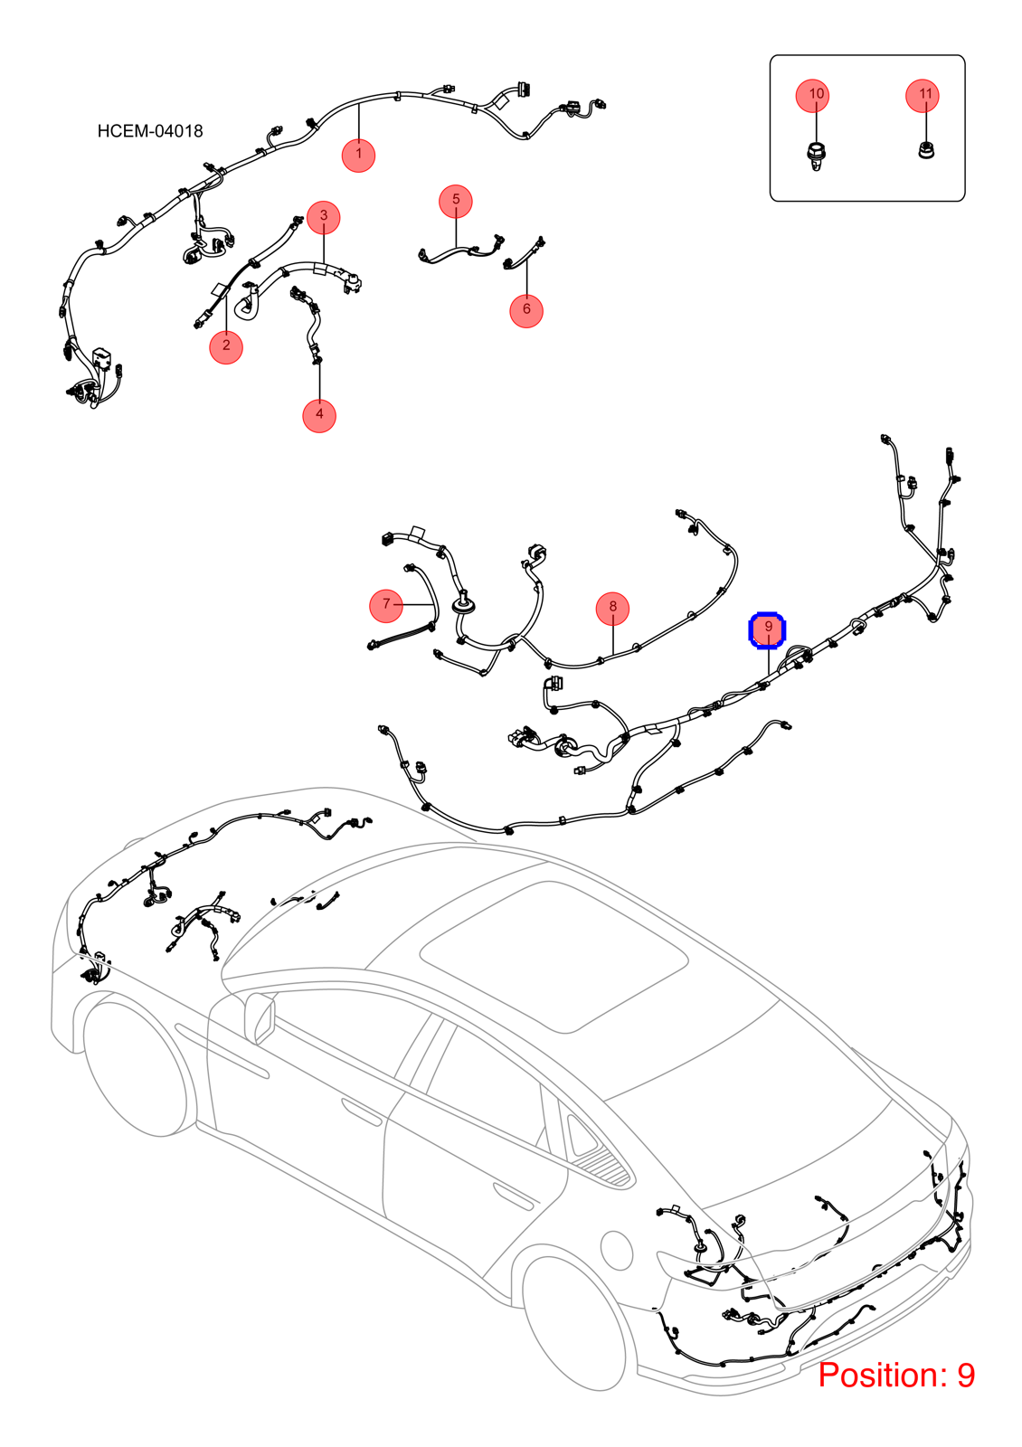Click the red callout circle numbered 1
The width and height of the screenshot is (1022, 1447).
[358, 155]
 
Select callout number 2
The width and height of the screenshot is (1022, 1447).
[226, 347]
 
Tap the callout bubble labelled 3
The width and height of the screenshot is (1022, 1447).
[324, 217]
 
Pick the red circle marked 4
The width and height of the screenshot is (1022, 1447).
[319, 415]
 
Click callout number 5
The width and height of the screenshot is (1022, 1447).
[456, 201]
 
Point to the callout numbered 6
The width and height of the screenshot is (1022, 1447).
[525, 311]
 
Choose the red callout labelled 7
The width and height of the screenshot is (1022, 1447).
[385, 605]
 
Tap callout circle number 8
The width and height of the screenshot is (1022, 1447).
[612, 609]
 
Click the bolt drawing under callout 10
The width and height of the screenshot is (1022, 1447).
[815, 157]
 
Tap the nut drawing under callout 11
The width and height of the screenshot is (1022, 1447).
[926, 150]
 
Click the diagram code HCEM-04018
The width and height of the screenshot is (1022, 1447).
[150, 131]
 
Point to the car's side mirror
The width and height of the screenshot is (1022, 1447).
[260, 1018]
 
